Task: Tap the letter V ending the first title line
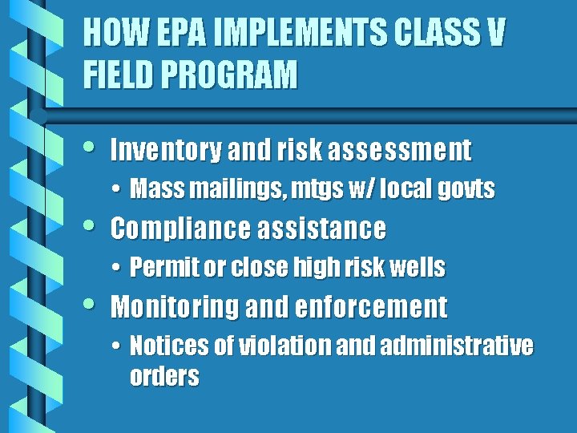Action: tap(495, 34)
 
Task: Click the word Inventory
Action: tap(165, 150)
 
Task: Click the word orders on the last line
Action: tap(163, 376)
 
